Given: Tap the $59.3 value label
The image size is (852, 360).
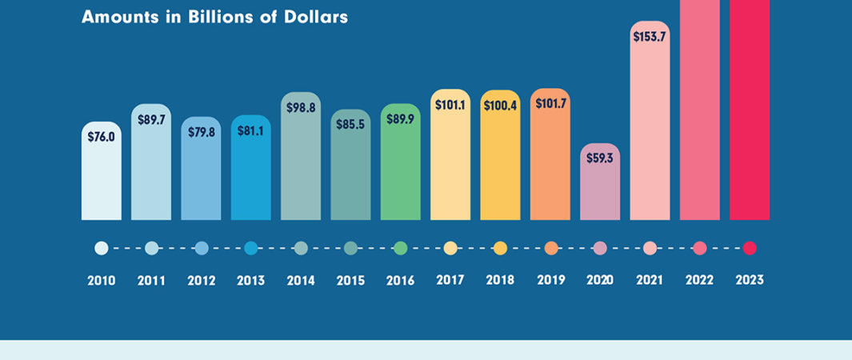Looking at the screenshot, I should click(599, 158).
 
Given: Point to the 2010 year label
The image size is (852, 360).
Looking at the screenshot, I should click(101, 281).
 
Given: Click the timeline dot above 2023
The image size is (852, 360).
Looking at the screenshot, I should click(750, 248).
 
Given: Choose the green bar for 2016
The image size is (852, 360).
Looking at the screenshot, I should click(400, 172).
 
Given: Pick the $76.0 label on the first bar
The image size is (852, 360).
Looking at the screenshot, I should click(102, 136).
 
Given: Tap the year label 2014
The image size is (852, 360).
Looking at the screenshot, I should click(300, 281).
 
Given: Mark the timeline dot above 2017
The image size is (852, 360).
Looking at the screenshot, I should click(450, 248).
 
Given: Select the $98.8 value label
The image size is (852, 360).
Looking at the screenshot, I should click(301, 106).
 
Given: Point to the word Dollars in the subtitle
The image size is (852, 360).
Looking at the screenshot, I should click(316, 17).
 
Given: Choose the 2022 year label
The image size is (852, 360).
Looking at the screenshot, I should click(699, 281).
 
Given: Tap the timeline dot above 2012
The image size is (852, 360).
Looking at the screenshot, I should click(202, 248).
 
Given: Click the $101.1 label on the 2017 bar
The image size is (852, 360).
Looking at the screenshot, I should click(450, 103).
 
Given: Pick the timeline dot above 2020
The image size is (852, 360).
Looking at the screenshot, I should click(600, 248).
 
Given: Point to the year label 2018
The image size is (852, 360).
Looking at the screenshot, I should click(500, 281).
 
